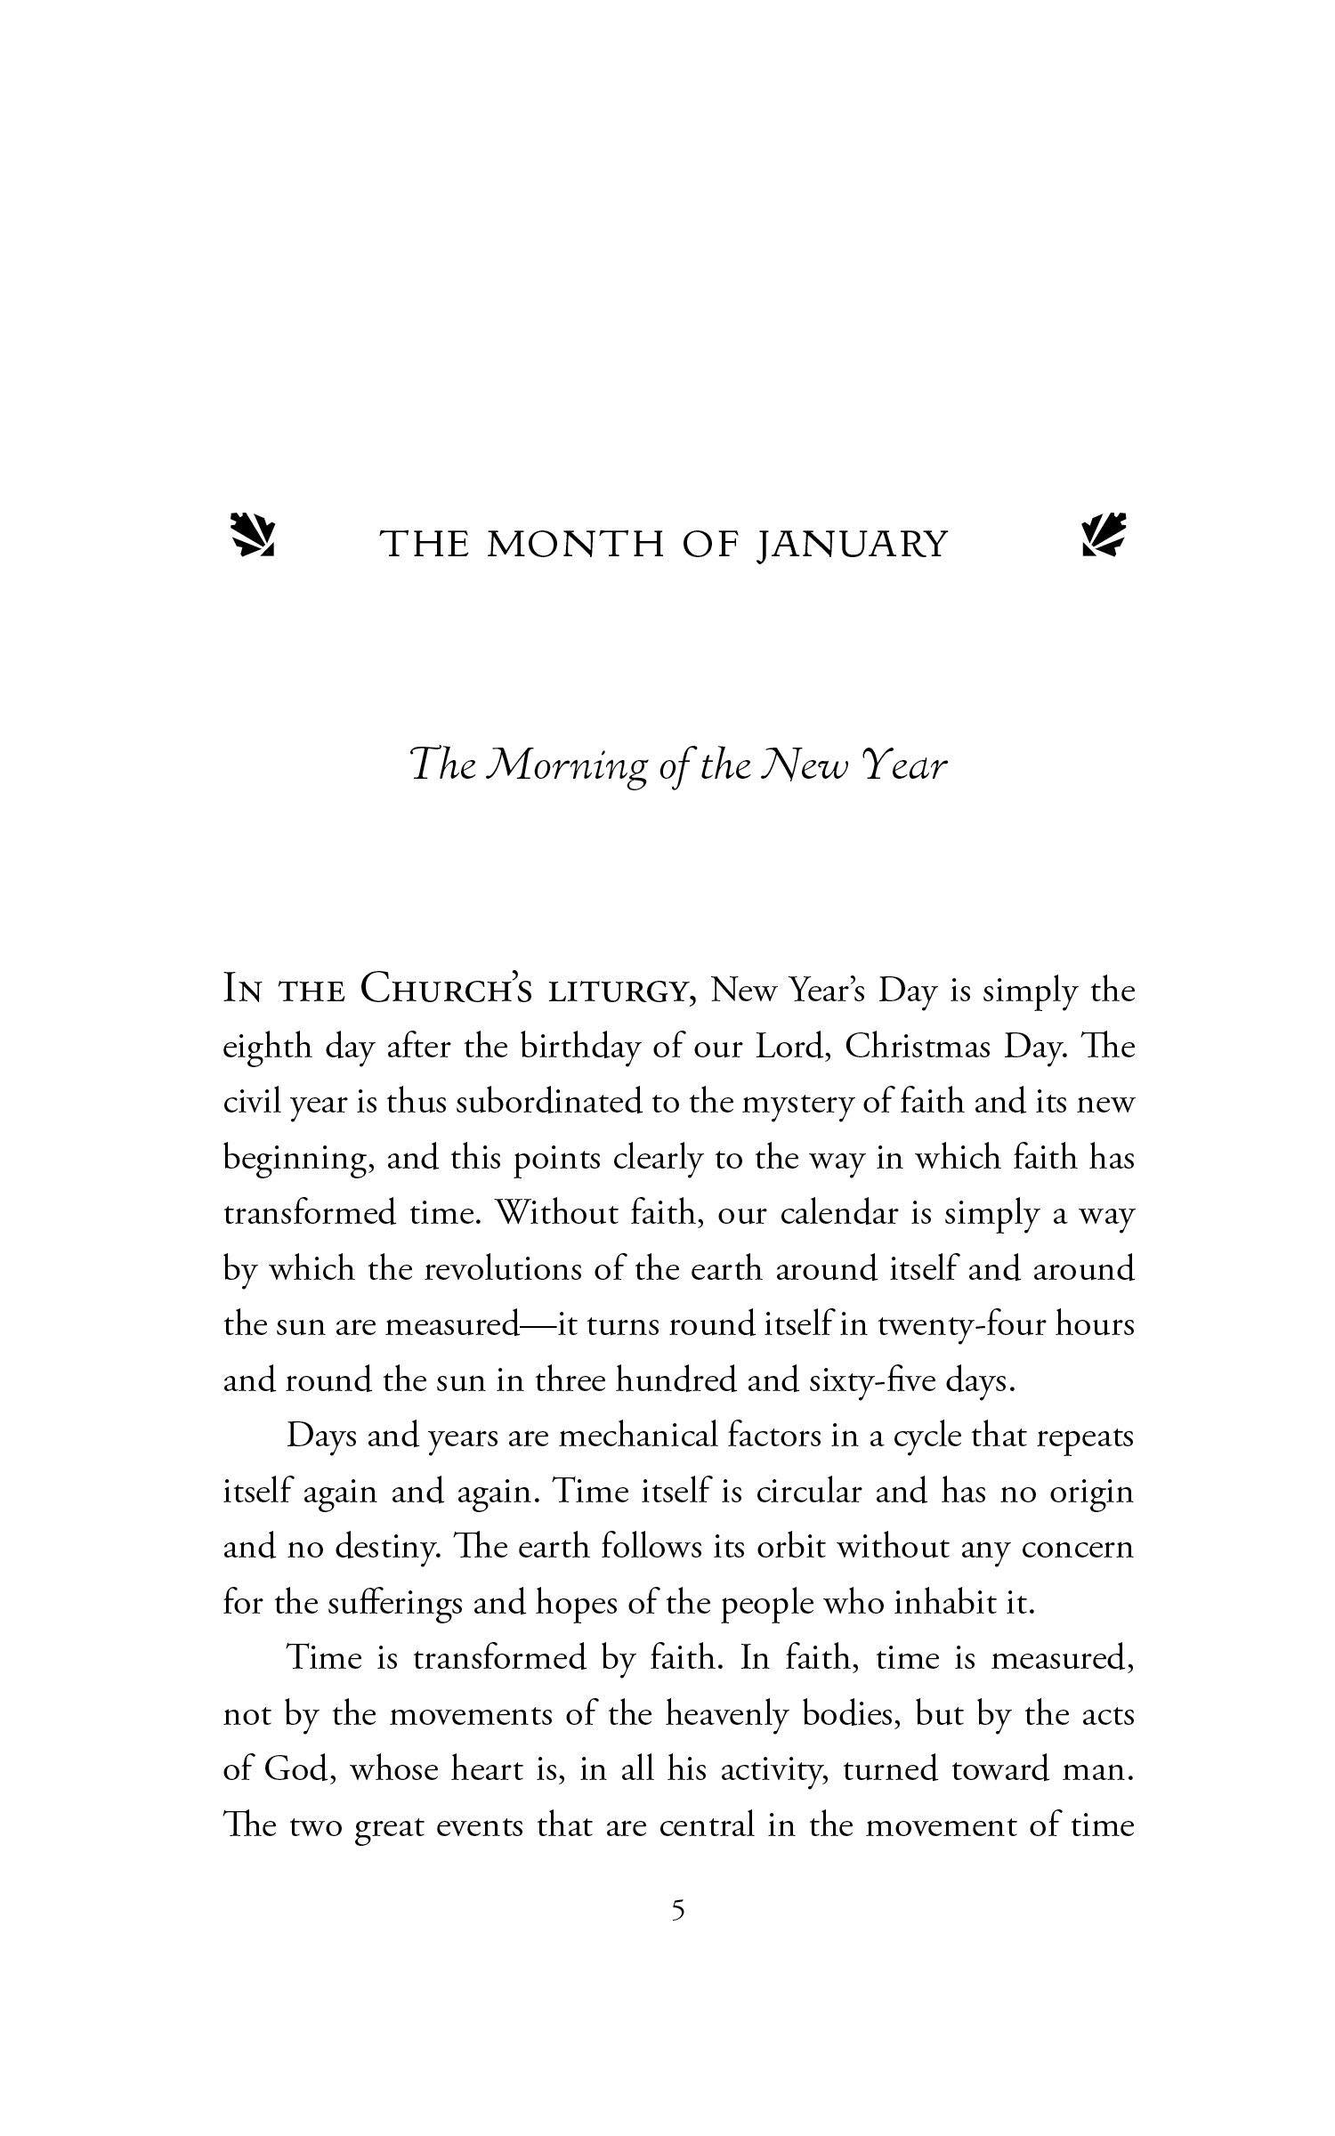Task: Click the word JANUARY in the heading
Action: click(x=852, y=545)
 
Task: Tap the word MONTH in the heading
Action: click(x=576, y=545)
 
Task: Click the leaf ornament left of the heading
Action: click(x=253, y=535)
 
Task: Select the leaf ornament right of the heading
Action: click(x=1104, y=535)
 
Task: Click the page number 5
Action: click(x=678, y=1911)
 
